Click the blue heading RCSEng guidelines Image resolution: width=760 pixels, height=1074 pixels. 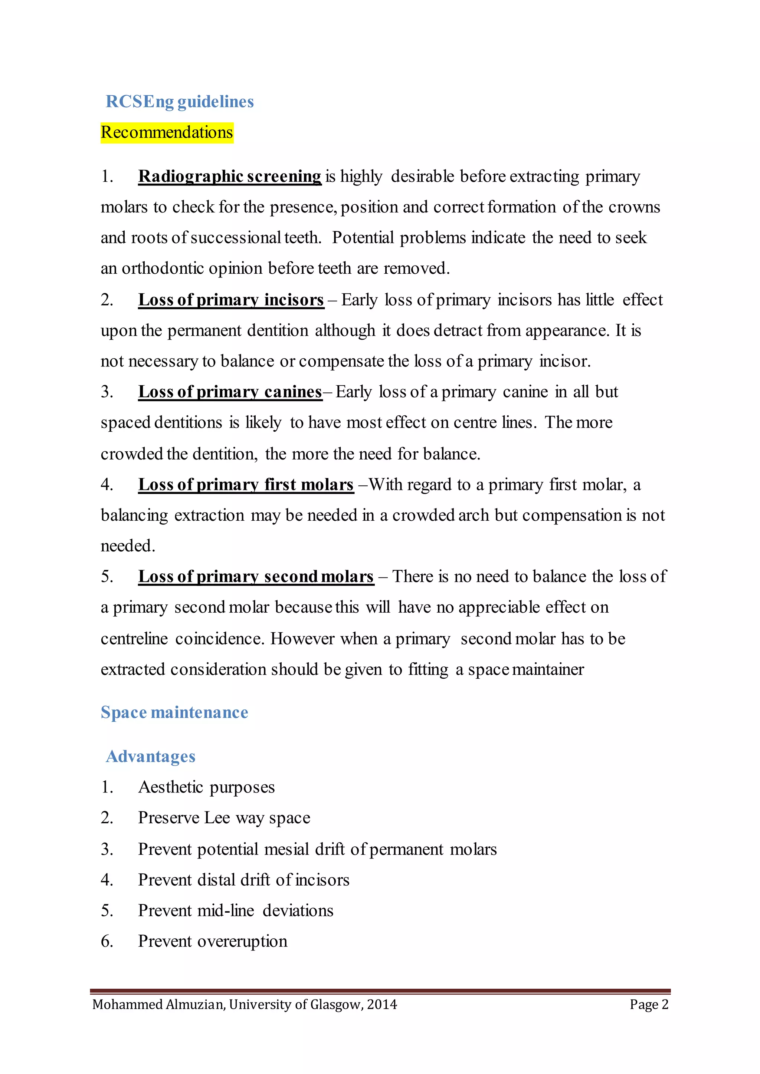[x=180, y=102]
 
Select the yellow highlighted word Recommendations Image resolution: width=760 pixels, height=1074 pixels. [x=167, y=132]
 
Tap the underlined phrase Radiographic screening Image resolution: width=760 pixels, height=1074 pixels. [x=230, y=177]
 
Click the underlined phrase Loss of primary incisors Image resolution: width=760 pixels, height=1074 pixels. [x=231, y=300]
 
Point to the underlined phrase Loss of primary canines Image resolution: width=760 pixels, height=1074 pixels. [x=230, y=392]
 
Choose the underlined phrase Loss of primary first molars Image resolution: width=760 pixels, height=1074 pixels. [x=246, y=485]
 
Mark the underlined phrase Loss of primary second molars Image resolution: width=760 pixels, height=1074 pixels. [x=256, y=576]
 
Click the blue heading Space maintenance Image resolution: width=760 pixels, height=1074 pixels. [x=174, y=712]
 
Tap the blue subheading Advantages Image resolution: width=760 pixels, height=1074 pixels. [x=150, y=757]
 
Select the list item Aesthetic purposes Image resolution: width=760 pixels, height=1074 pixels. [x=206, y=787]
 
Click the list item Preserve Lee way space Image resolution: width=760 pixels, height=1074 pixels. [x=224, y=818]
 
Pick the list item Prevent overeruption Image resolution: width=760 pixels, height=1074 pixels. [x=213, y=941]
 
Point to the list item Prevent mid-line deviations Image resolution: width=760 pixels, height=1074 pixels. [x=235, y=910]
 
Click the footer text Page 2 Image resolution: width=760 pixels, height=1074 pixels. [x=649, y=1005]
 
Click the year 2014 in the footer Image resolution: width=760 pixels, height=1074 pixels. [x=382, y=1005]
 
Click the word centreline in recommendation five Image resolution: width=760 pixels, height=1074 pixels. [x=134, y=639]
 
